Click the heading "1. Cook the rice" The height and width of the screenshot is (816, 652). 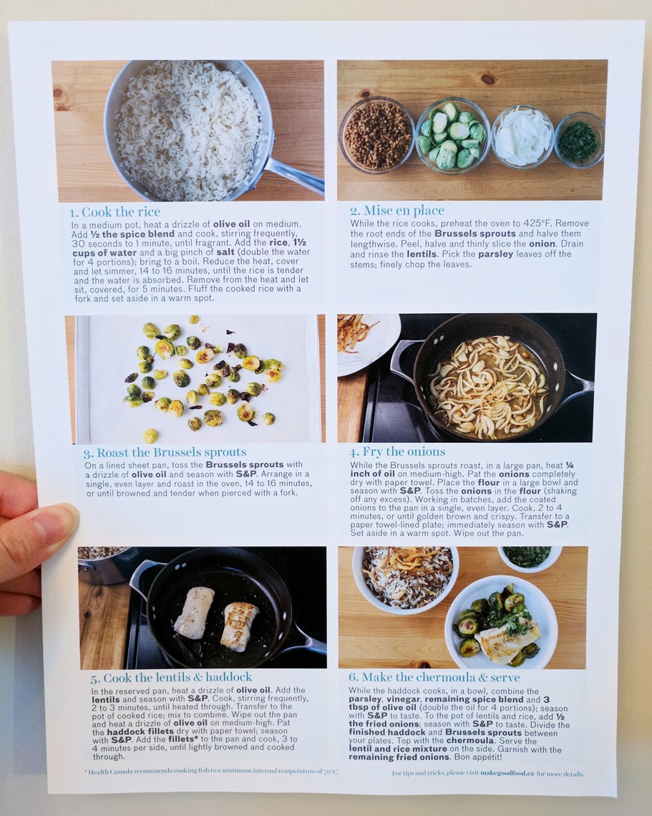pyautogui.click(x=115, y=212)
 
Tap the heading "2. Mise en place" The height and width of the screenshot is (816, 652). pyautogui.click(x=397, y=211)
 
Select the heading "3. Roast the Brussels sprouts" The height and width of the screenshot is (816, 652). pyautogui.click(x=165, y=452)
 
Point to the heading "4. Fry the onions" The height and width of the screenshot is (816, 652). pyautogui.click(x=397, y=452)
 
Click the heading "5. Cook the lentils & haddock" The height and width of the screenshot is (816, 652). pyautogui.click(x=171, y=678)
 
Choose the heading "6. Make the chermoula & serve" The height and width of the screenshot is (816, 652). pyautogui.click(x=434, y=677)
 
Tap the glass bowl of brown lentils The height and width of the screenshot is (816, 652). pyautogui.click(x=377, y=135)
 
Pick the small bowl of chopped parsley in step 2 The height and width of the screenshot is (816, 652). pyautogui.click(x=579, y=139)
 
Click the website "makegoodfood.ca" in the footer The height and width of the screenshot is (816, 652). pyautogui.click(x=507, y=773)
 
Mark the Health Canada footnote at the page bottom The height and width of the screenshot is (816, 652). pyautogui.click(x=212, y=772)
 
